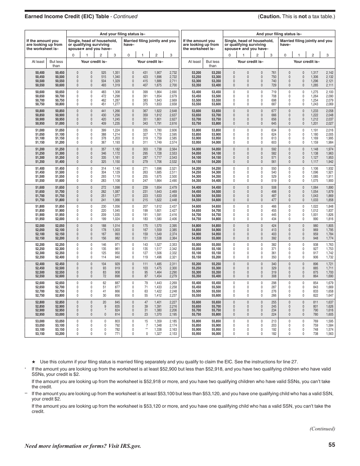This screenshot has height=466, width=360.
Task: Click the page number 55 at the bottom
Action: [x=332, y=445]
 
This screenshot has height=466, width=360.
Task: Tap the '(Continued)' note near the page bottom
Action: [x=322, y=428]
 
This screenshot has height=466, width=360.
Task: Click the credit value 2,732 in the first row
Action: [x=173, y=72]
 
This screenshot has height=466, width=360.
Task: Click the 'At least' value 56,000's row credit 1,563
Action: [x=329, y=334]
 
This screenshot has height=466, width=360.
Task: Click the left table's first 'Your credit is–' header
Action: [x=94, y=61]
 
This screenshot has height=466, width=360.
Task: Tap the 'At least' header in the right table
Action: [x=194, y=61]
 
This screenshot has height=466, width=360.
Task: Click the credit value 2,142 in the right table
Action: [x=329, y=72]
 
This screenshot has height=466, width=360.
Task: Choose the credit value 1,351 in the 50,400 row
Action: [x=116, y=72]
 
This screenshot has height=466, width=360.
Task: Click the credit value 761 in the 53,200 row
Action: [x=274, y=72]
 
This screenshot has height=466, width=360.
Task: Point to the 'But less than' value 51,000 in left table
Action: [x=59, y=123]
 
